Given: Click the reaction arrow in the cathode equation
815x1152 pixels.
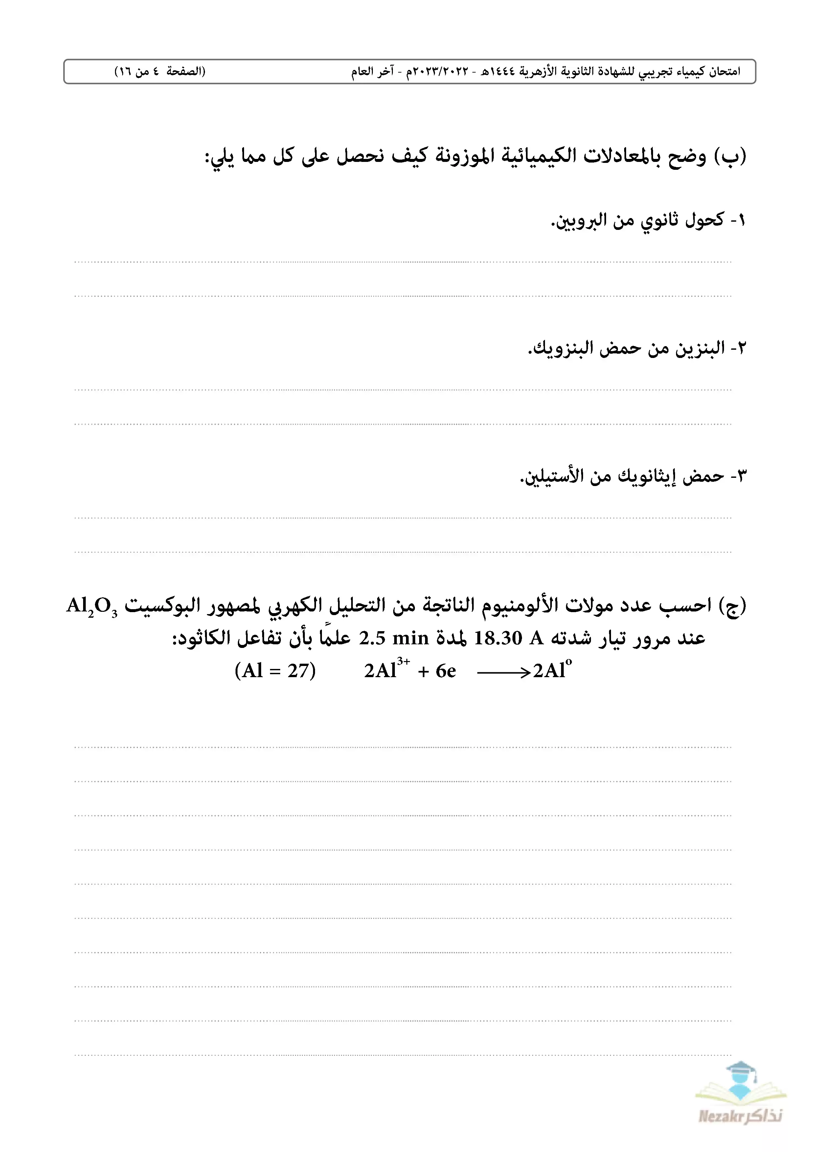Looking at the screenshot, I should pos(503,672).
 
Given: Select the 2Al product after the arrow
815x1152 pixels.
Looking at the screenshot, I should pos(552,670).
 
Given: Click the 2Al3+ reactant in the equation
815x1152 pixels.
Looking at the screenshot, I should pos(386,670).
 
